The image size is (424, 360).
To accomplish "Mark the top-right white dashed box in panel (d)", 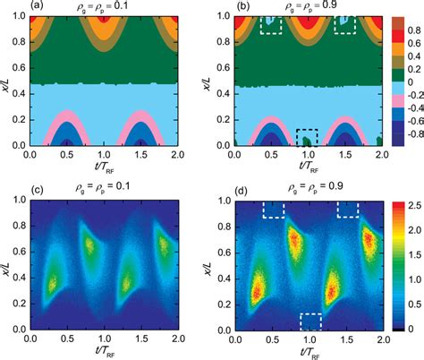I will click(347, 209).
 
